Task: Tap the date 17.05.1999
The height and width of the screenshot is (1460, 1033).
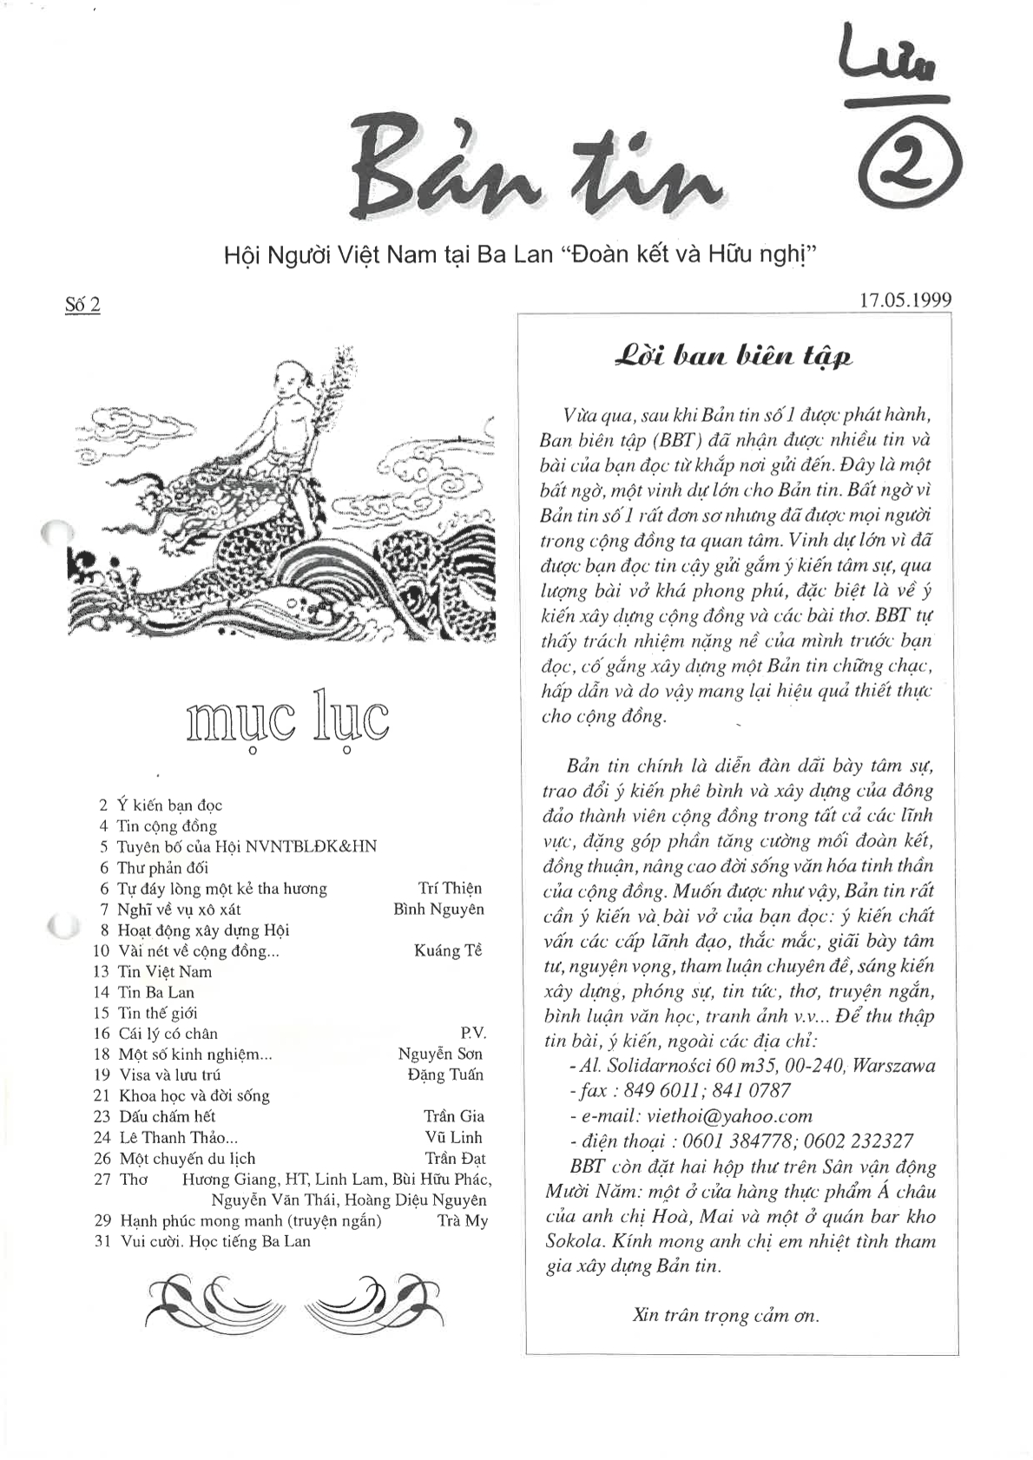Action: [x=905, y=300]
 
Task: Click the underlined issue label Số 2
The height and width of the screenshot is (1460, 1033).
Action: [x=82, y=305]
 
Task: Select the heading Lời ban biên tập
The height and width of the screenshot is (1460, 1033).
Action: [x=734, y=357]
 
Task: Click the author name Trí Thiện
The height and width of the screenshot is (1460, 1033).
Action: [x=450, y=888]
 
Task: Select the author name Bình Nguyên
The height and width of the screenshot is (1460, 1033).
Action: [x=438, y=909]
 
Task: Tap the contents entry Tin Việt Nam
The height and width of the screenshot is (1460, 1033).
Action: [x=165, y=971]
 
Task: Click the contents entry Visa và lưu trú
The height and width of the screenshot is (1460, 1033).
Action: [x=169, y=1075]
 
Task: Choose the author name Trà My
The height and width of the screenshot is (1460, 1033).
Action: [x=463, y=1220]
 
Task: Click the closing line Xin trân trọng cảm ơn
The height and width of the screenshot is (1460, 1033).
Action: [x=726, y=1315]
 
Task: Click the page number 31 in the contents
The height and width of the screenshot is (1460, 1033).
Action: [x=102, y=1241]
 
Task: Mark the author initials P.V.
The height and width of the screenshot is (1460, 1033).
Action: [x=473, y=1033]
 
